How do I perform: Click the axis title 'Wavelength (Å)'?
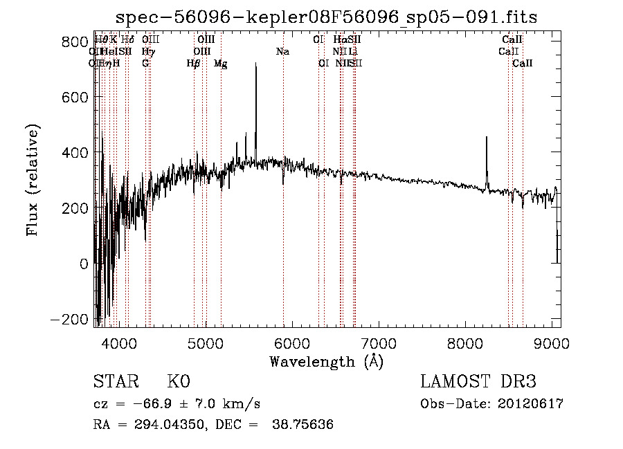[x=326, y=361]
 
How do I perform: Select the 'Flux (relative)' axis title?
[x=33, y=179]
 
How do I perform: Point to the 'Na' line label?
[x=282, y=51]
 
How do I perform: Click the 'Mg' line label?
[x=220, y=64]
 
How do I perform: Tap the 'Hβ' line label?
[x=194, y=63]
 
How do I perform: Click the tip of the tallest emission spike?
[x=256, y=63]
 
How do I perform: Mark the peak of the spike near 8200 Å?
[x=487, y=137]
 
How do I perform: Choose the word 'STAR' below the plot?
[x=116, y=382]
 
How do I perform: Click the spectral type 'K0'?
[x=178, y=382]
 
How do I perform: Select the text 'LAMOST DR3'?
[x=478, y=382]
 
